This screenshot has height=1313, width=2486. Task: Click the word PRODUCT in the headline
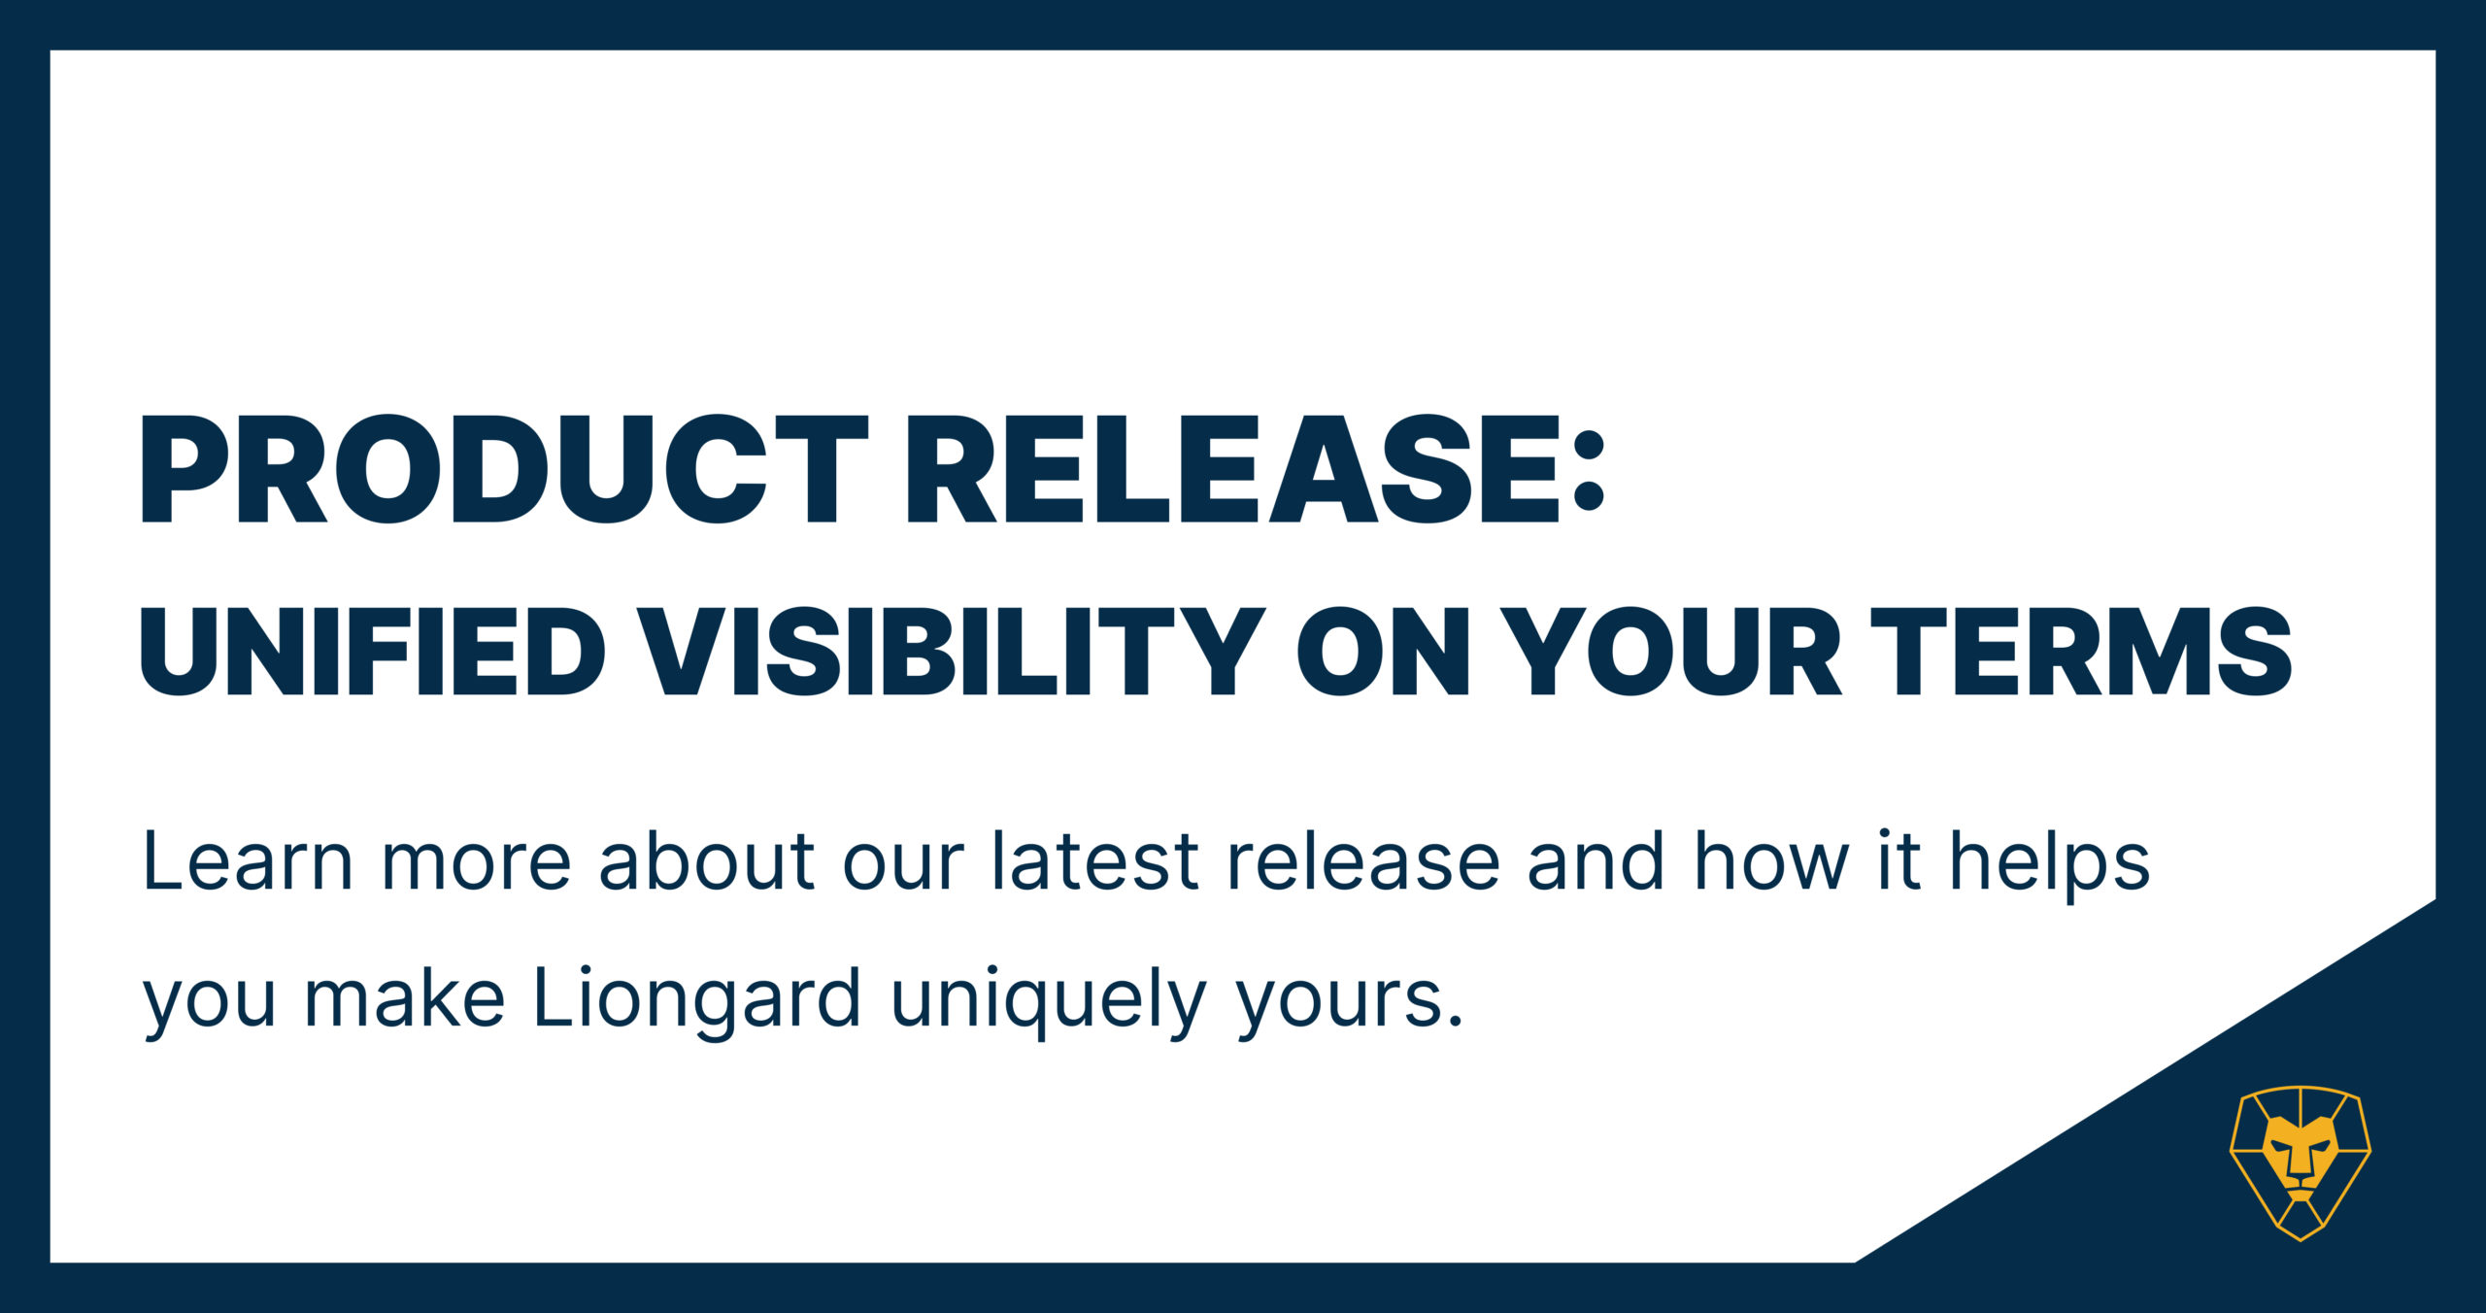click(x=504, y=469)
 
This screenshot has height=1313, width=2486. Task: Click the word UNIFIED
click(x=373, y=651)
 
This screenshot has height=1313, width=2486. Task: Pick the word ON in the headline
click(x=1384, y=651)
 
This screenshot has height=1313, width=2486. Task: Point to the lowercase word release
click(x=1364, y=860)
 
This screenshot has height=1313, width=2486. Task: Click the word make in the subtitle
click(x=405, y=997)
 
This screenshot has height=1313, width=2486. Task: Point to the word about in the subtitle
click(x=707, y=860)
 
